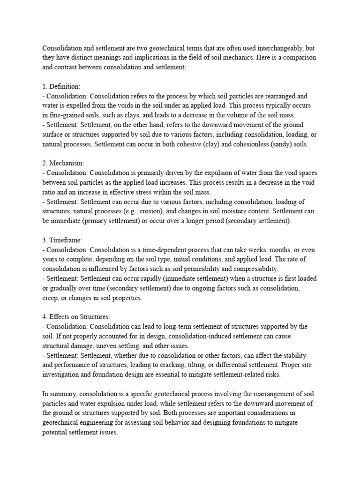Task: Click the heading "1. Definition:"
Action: point(61,87)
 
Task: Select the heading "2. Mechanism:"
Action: point(63,163)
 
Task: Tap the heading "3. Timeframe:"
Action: point(63,240)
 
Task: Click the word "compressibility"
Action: point(254,269)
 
